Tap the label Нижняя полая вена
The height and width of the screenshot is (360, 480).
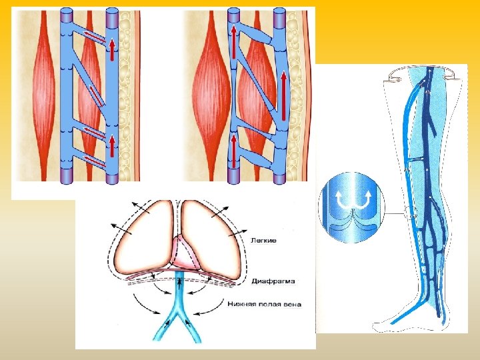(264, 304)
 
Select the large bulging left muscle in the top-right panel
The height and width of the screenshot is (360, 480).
(207, 93)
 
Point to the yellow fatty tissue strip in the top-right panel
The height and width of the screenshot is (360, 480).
(299, 93)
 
